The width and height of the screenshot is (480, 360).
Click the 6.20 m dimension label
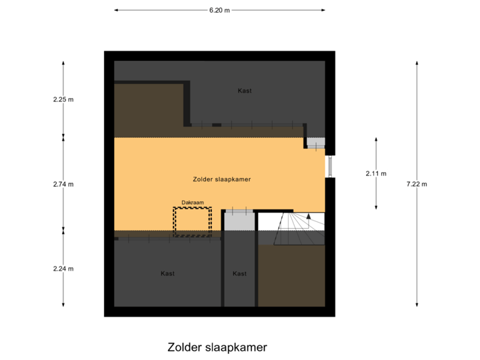click(x=219, y=11)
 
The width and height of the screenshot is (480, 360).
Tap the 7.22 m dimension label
click(x=417, y=184)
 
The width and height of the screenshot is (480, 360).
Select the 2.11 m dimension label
click(x=376, y=173)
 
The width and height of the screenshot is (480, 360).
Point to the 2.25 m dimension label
click(x=63, y=99)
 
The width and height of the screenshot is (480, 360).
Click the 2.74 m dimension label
click(x=63, y=184)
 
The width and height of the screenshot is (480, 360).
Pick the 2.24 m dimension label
click(x=63, y=269)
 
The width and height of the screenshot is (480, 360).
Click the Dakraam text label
click(x=192, y=203)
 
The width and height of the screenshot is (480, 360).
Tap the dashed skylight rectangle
click(x=192, y=221)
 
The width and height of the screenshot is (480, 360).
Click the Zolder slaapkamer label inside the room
click(x=221, y=179)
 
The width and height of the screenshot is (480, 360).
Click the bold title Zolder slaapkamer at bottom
click(x=217, y=347)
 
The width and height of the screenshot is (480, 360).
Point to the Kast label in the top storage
click(x=245, y=91)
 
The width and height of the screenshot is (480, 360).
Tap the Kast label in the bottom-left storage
click(x=167, y=273)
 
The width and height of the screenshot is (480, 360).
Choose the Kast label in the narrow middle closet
click(x=239, y=273)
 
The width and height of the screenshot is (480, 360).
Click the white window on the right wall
click(x=330, y=167)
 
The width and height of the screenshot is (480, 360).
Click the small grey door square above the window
click(x=315, y=143)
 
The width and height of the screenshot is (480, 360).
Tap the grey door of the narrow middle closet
click(x=239, y=220)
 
